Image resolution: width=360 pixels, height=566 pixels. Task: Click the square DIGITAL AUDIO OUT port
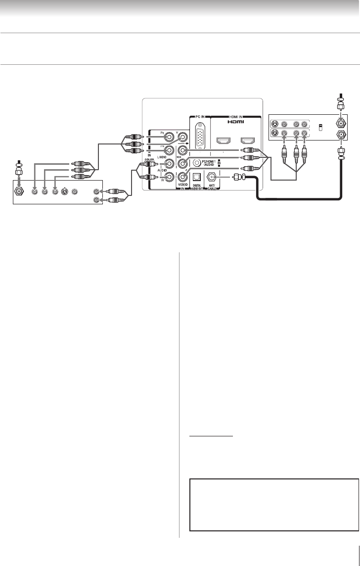198,177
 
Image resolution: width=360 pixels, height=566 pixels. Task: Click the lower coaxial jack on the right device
340,134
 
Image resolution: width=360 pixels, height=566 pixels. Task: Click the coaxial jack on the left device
20,191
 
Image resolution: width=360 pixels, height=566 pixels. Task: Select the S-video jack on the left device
64,191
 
